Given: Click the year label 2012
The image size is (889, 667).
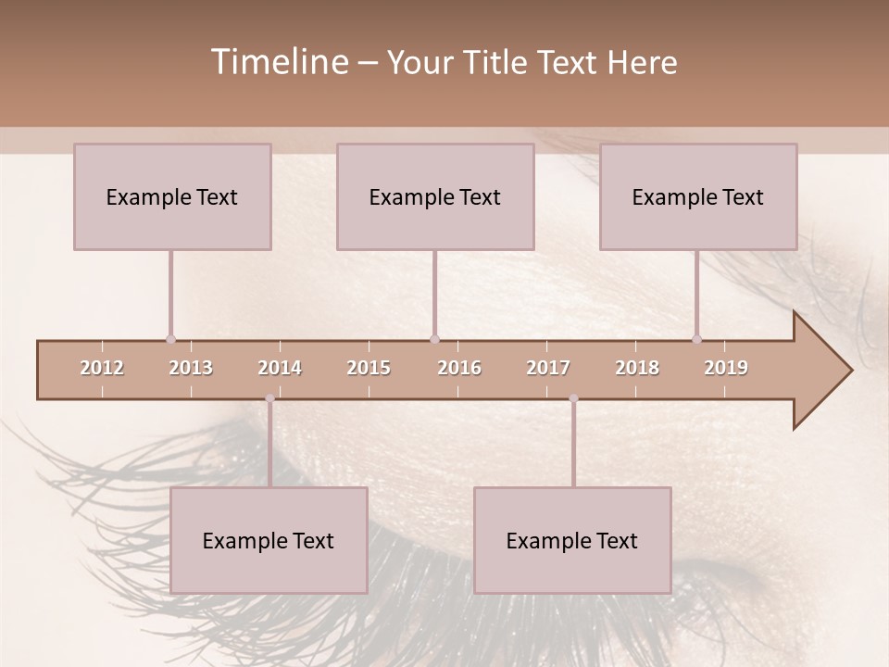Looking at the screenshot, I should (x=102, y=368).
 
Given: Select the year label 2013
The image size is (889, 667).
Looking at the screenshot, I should (x=191, y=368).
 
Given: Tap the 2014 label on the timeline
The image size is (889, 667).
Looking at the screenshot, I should (x=280, y=368).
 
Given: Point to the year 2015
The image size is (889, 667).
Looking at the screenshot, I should (x=369, y=368).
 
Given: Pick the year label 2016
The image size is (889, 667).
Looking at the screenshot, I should (x=459, y=368).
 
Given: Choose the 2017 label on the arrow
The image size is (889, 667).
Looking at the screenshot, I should (x=548, y=368).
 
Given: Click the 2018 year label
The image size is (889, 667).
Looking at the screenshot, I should (x=637, y=368).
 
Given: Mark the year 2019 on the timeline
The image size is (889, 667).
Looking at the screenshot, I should (x=726, y=368).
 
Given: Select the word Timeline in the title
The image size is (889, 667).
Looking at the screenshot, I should (x=279, y=62).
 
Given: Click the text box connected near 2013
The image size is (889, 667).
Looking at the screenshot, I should (x=172, y=196).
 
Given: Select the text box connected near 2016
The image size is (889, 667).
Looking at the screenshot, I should (x=435, y=196).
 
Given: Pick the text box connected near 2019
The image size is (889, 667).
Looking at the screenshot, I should (x=698, y=196).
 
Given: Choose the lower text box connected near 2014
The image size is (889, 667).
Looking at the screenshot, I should (x=269, y=540).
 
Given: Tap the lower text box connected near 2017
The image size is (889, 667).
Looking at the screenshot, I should (x=572, y=540).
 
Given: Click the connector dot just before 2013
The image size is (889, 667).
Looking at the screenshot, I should (x=170, y=339).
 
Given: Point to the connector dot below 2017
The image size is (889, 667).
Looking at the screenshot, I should (x=573, y=398).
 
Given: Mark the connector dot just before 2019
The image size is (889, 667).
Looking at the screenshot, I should (x=696, y=339).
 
